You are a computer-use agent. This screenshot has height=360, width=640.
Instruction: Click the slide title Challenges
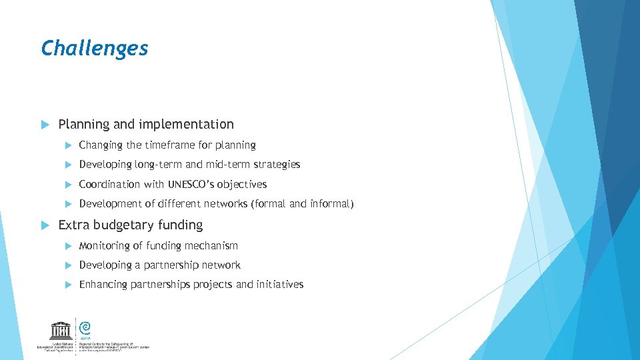94,48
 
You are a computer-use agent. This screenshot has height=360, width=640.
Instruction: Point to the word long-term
159,165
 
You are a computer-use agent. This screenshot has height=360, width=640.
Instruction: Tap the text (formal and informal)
302,204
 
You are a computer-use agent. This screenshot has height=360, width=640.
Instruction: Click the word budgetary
119,225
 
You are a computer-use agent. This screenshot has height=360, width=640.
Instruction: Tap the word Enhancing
103,285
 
